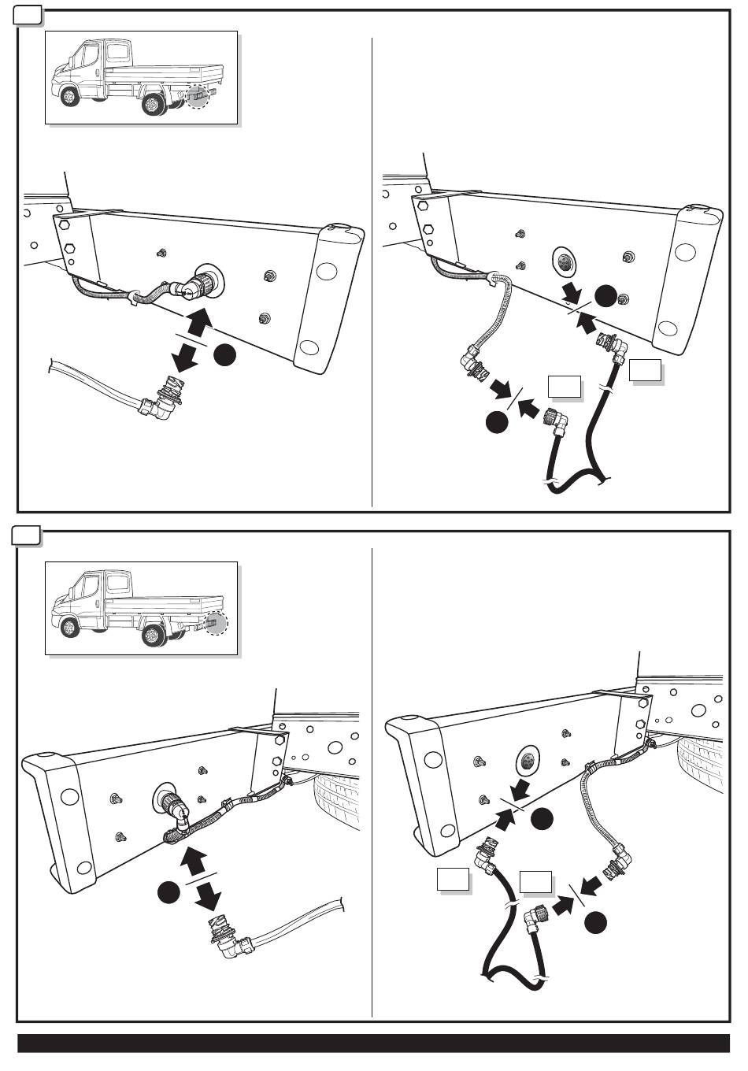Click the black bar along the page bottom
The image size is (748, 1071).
374,1043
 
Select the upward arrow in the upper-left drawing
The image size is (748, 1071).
200,321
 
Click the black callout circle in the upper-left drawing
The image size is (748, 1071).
224,356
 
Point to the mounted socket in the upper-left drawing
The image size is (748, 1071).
205,281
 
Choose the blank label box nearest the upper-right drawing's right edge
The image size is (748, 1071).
644,370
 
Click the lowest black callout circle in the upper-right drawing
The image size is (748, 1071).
496,423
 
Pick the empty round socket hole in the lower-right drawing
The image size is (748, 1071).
524,761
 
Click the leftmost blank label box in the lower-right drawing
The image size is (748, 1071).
454,880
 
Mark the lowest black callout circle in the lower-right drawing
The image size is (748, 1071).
596,922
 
